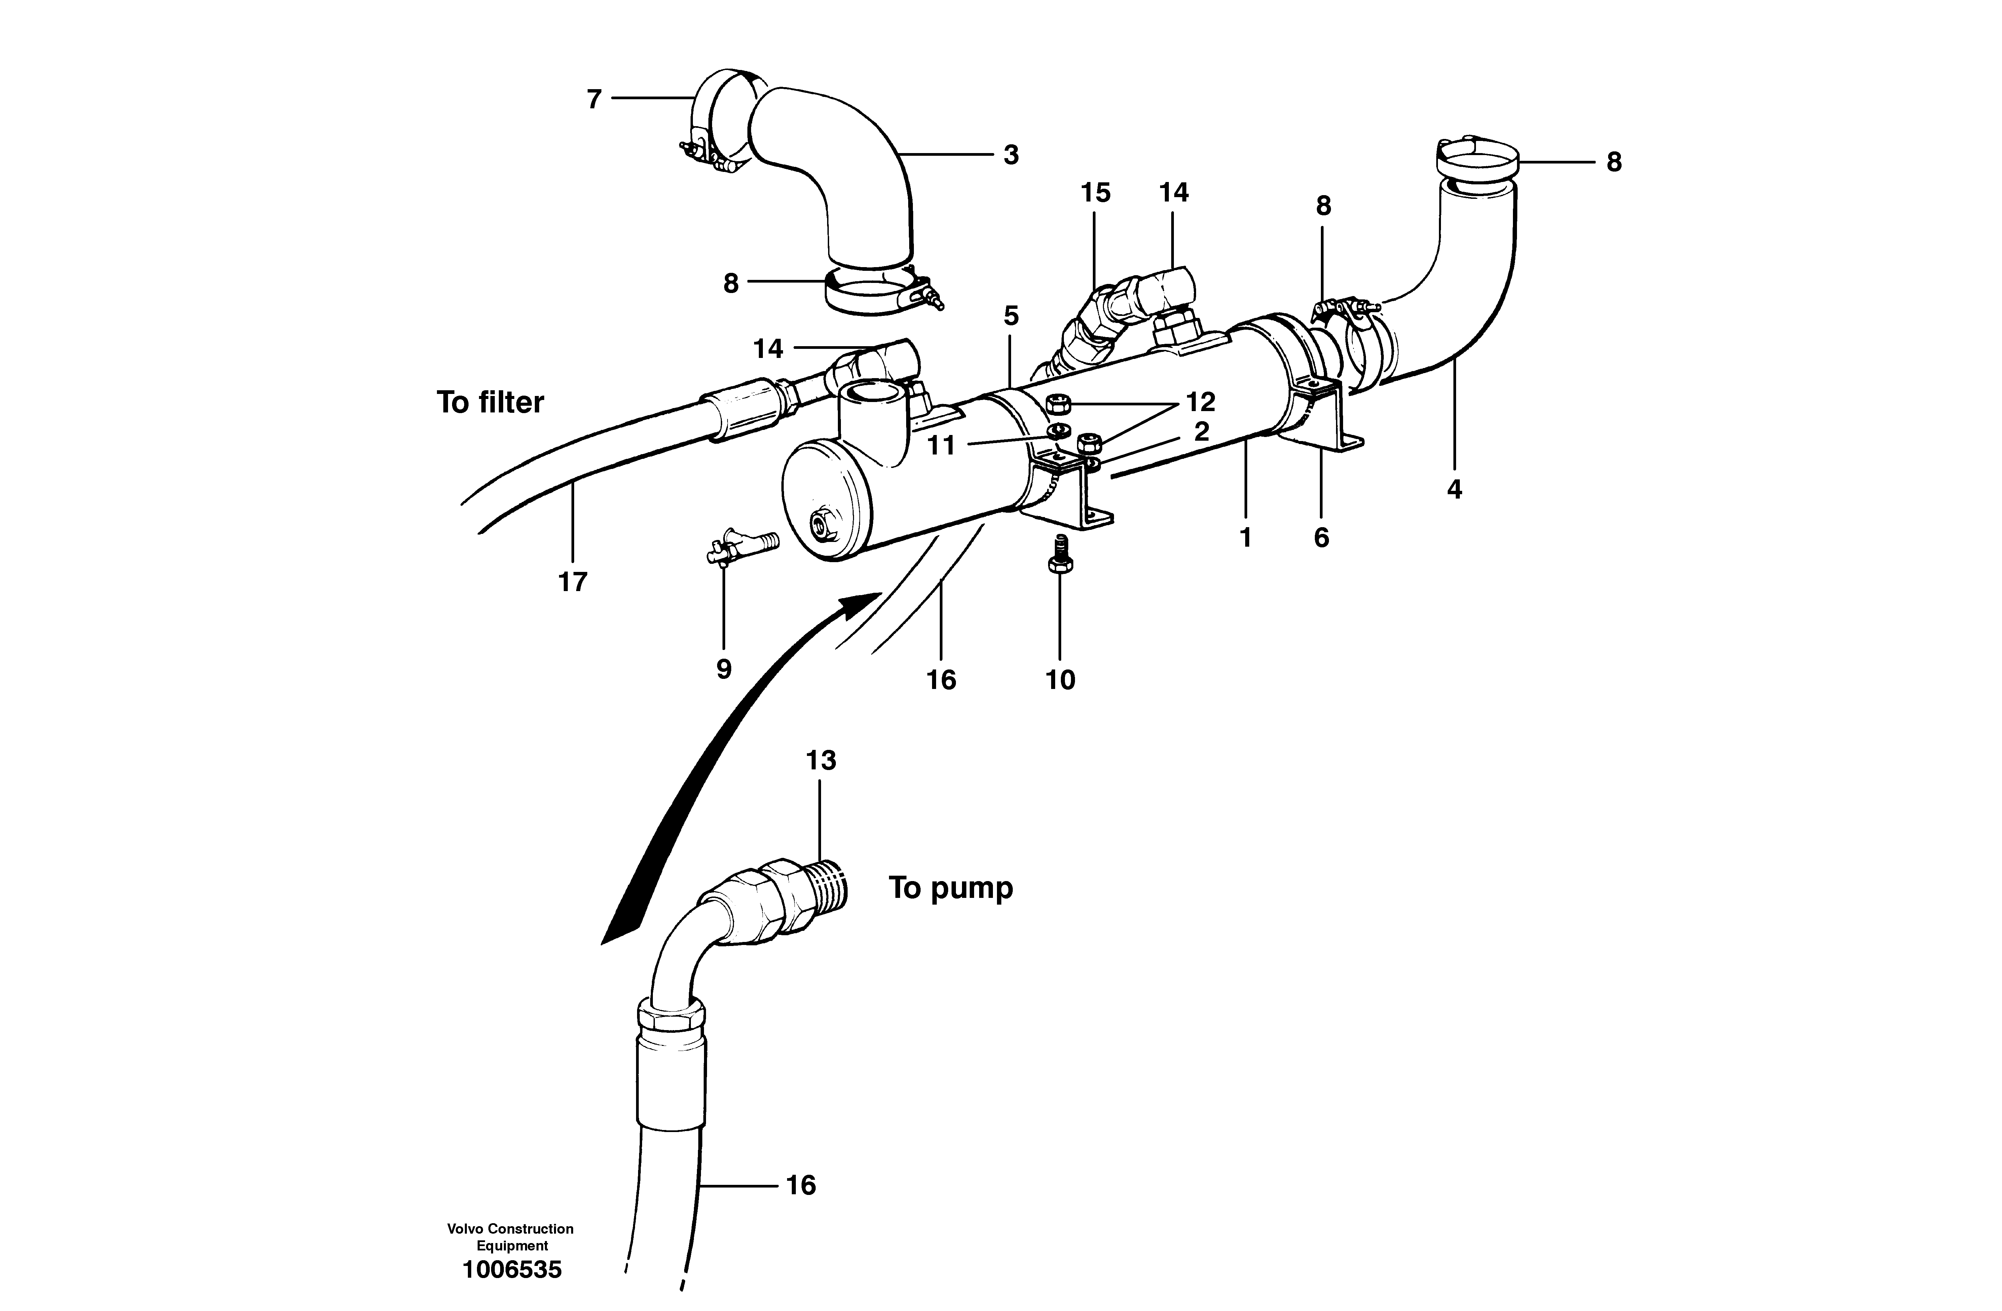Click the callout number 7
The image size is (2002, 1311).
(594, 99)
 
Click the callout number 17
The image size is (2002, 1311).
(573, 581)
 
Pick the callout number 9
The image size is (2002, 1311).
(724, 669)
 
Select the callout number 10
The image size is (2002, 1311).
(1060, 679)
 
